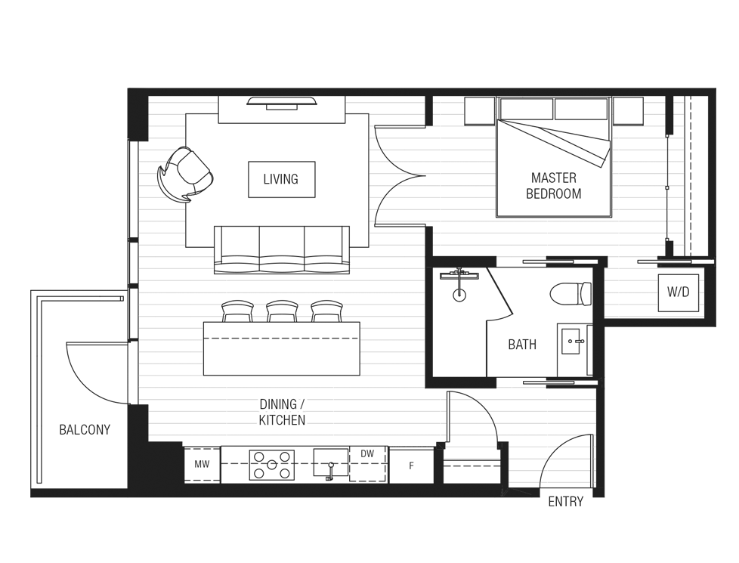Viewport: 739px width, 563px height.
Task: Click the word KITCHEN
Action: pos(282,420)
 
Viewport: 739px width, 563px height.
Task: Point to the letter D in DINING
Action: pos(262,405)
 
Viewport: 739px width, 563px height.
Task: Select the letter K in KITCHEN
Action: pos(262,420)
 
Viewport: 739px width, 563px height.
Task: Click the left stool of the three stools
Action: pos(236,306)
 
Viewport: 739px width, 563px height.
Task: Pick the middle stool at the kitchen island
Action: pos(280,306)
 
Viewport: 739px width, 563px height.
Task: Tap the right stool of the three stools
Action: pos(323,306)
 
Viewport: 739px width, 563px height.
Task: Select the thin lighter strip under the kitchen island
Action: pos(280,377)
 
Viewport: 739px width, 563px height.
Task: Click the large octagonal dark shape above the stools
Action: pos(276,185)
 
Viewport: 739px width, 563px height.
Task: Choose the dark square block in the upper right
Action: pos(552,162)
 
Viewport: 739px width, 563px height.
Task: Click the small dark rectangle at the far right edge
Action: pos(678,292)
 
